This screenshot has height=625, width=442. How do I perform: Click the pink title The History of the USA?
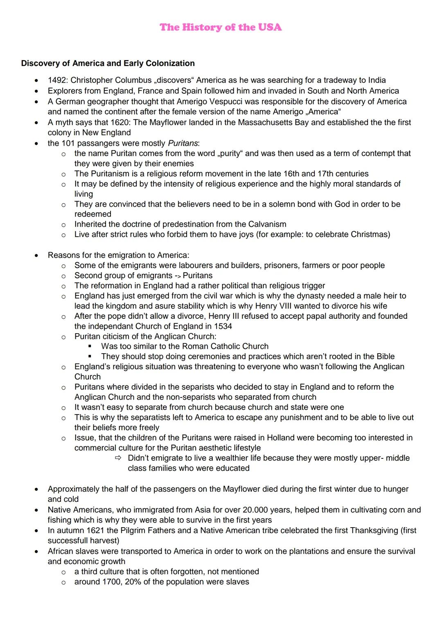[221, 27]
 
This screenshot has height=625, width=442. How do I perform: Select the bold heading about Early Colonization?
[108, 63]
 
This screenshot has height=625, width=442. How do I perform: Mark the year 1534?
[223, 326]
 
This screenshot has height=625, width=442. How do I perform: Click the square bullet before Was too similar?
[90, 346]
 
